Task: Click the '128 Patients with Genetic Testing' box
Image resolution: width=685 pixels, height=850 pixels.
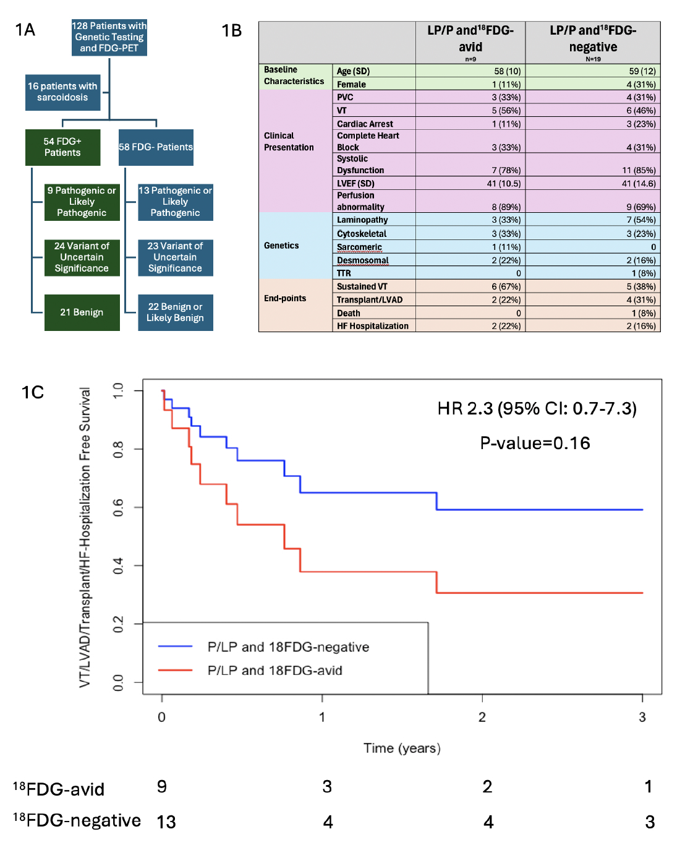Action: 109,37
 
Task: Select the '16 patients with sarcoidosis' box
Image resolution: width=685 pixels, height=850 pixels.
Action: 62,92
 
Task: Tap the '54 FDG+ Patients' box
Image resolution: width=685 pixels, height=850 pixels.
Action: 62,147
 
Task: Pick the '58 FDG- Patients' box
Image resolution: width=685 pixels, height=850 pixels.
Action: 156,147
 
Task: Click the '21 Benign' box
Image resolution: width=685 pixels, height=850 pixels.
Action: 82,312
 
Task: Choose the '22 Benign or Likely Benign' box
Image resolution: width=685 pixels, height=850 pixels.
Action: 175,312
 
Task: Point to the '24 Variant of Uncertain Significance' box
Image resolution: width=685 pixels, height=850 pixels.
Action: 82,257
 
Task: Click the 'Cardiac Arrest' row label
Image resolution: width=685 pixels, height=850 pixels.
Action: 365,124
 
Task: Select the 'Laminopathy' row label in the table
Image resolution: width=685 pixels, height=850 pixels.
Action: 362,220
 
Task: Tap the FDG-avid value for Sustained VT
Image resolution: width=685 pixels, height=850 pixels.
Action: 506,286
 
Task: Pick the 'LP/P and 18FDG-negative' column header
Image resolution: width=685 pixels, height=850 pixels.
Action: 593,39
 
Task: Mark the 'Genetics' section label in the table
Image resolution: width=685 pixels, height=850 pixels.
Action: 281,246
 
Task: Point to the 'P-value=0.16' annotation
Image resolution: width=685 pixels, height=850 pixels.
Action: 535,443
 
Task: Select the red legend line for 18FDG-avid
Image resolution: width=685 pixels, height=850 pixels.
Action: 176,670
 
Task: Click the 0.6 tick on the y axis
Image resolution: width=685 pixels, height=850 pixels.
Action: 118,507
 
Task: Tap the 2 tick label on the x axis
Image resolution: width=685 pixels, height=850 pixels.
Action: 482,717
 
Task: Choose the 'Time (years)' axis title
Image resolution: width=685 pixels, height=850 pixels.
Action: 402,748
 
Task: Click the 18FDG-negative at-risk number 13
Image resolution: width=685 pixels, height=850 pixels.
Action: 166,822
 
